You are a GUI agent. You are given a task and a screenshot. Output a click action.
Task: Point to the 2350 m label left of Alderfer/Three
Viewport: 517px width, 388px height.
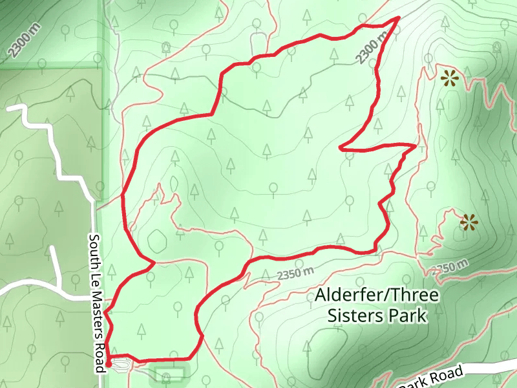pyautogui.click(x=295, y=274)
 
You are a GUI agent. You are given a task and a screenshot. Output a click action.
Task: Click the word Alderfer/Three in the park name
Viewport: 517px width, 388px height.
pyautogui.click(x=377, y=296)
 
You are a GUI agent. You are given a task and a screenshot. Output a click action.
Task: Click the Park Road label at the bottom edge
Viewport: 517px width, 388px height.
pyautogui.click(x=432, y=378)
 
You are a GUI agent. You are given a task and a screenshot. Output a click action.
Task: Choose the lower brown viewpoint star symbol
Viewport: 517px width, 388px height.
pyautogui.click(x=469, y=223)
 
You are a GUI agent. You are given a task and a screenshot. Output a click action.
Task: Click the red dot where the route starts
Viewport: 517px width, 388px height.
pyautogui.click(x=109, y=364)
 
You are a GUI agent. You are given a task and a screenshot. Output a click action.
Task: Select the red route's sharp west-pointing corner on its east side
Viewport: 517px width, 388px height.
pyautogui.click(x=341, y=148)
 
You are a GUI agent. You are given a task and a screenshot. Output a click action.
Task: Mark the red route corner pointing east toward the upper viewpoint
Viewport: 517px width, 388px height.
pyautogui.click(x=414, y=145)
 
